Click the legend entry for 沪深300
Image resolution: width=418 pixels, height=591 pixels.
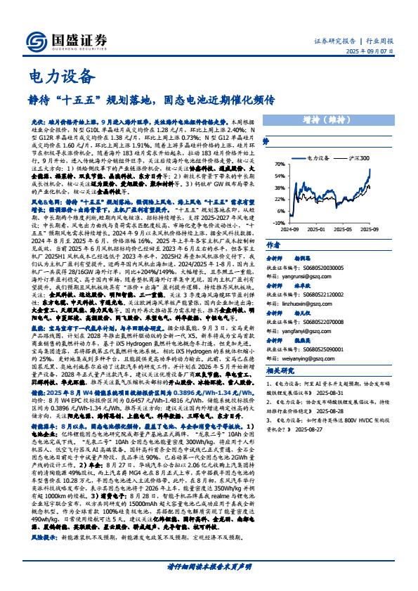360,160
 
